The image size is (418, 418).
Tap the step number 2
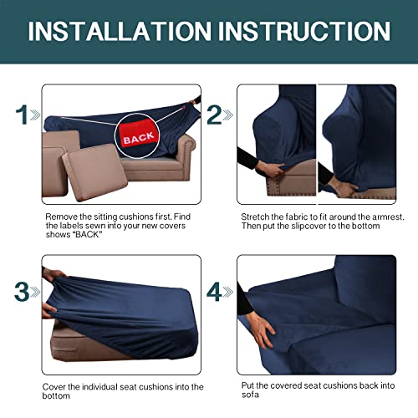pyautogui.click(x=216, y=115)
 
